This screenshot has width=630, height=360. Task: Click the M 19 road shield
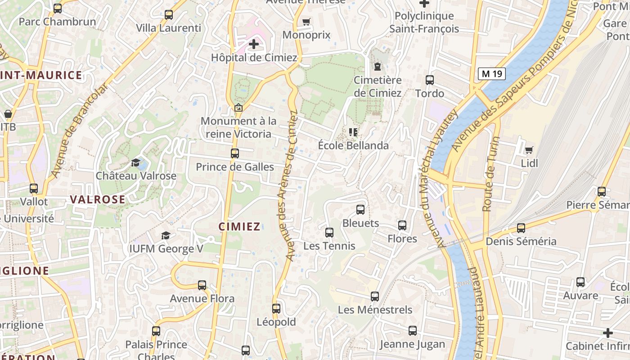[492, 74]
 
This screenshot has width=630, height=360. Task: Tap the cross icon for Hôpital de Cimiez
[254, 44]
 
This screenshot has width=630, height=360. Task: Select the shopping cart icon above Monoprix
[306, 22]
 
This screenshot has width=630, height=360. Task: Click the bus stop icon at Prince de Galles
[235, 153]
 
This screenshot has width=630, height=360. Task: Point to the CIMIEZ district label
[239, 226]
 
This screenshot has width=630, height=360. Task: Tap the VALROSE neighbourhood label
[98, 199]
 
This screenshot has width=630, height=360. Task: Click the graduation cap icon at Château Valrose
[135, 162]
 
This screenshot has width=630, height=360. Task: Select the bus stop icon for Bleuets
[360, 210]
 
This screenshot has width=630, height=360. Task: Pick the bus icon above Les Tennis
[329, 233]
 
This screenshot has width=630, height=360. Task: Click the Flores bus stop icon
[402, 225]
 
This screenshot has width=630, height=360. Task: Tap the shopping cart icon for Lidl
[529, 150]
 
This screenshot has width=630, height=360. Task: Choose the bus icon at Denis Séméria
[521, 228]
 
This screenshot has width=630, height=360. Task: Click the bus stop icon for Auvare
[580, 282]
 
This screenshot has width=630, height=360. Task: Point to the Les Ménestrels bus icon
[375, 297]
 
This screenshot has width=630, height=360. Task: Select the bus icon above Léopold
[276, 309]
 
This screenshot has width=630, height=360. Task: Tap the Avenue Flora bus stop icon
[202, 285]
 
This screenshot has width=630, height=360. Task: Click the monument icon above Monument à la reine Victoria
[238, 108]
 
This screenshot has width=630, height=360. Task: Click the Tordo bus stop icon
[430, 80]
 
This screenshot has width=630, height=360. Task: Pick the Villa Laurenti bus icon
[169, 15]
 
